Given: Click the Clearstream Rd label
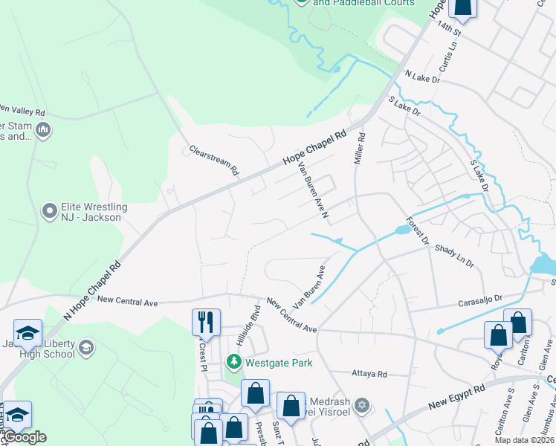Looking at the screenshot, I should (x=214, y=159).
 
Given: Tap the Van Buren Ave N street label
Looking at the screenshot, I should (x=313, y=191).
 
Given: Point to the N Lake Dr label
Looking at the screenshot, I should (x=423, y=77).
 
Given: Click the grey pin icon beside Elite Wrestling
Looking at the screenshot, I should (x=50, y=212).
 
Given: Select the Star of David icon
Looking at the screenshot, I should (x=362, y=405).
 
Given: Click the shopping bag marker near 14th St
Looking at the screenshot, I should (x=462, y=7).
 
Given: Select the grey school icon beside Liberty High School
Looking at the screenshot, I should (x=87, y=348).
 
